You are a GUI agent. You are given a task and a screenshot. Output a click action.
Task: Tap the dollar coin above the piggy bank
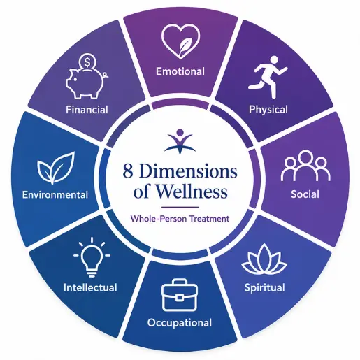[x=87, y=62]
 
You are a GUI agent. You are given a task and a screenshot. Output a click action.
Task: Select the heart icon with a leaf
[x=180, y=41]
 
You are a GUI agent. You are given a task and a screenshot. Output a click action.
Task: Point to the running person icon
[x=268, y=77]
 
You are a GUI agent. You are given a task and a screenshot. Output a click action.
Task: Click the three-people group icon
[x=305, y=166]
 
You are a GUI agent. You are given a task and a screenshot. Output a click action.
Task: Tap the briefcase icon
[x=180, y=295]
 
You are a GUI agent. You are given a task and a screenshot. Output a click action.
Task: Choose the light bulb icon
[x=92, y=257]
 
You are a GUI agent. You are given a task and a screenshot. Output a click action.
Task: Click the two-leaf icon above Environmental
[x=56, y=167]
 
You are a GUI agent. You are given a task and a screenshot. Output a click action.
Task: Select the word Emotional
[x=180, y=71]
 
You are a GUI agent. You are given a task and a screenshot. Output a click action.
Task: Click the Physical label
[x=268, y=110]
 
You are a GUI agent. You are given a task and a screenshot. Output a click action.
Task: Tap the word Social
[x=305, y=194]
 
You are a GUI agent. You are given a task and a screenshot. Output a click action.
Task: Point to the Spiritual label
[x=264, y=288]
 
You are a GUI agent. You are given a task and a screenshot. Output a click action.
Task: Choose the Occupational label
[x=180, y=323]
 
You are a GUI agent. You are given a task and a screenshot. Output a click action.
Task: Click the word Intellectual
[x=90, y=287]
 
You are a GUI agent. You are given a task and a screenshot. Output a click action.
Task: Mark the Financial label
[x=87, y=110]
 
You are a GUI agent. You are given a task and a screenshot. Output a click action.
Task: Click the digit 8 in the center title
[x=128, y=171]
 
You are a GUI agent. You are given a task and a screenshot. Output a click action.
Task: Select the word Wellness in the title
[x=192, y=192]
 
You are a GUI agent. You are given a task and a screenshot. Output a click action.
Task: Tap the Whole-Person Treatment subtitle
[x=180, y=219]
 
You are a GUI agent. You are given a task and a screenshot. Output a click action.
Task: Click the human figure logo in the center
[x=180, y=141]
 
